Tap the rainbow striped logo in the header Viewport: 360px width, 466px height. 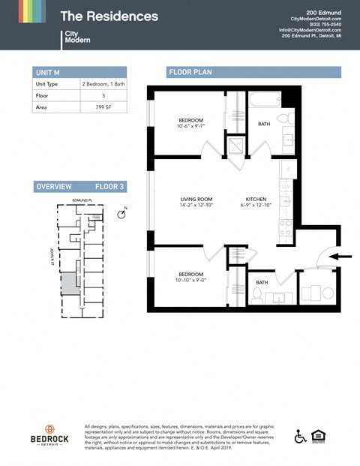point(32,11)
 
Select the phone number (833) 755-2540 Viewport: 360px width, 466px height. point(325,24)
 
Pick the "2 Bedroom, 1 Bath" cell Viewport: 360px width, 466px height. point(103,85)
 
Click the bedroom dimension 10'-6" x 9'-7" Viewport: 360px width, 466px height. point(190,126)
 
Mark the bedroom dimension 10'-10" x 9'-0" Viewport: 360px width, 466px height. point(190,279)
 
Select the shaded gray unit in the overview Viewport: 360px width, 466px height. point(69,283)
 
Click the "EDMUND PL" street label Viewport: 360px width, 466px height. point(80,200)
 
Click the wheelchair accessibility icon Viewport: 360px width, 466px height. point(300,437)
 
